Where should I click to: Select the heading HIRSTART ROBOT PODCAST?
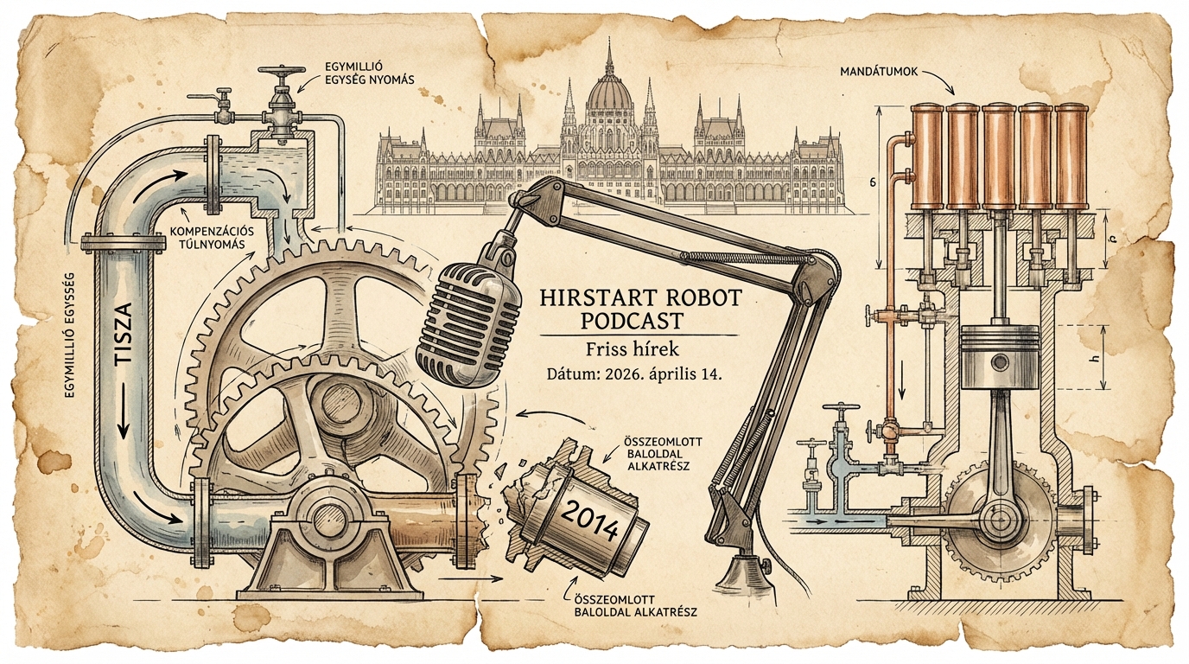639,309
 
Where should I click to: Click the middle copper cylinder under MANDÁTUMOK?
999,156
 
